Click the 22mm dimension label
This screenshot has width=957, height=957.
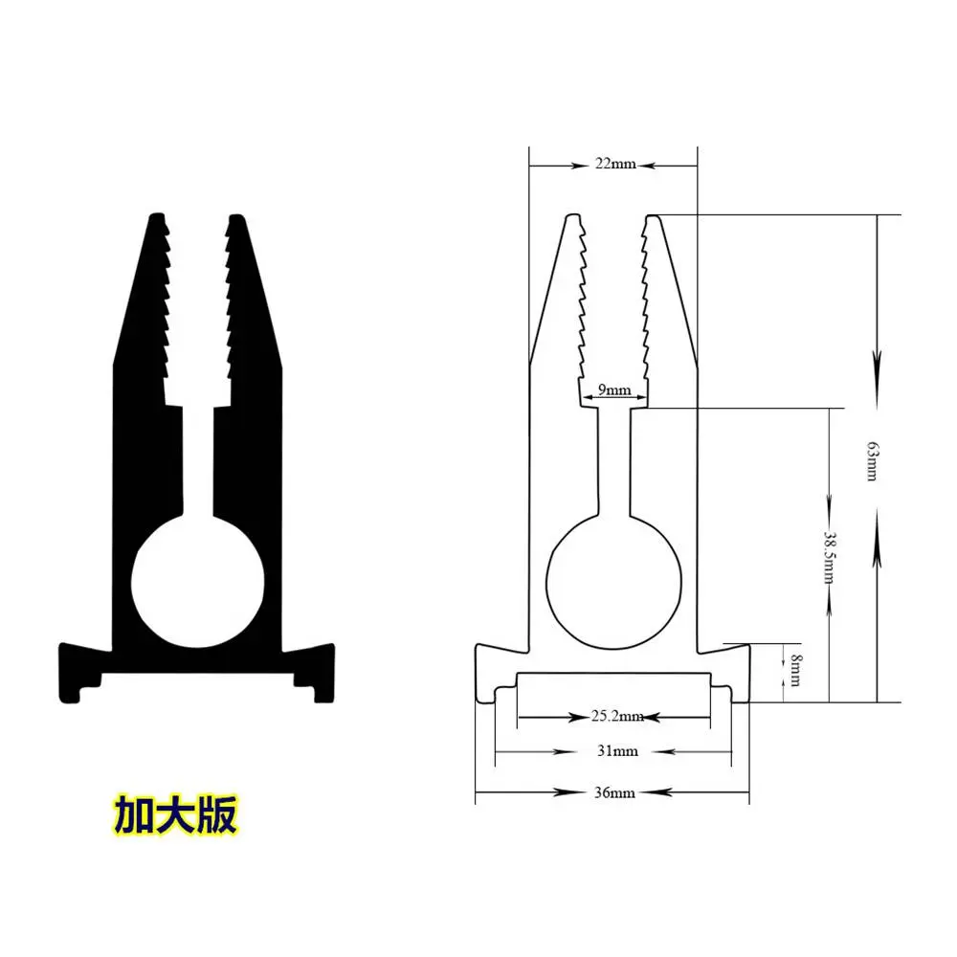click(615, 165)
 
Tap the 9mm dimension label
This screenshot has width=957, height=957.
click(614, 390)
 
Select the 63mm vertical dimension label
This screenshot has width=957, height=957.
click(872, 461)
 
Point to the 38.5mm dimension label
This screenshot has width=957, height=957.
click(830, 557)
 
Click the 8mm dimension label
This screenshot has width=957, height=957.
click(796, 670)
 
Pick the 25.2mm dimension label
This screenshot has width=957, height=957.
click(617, 716)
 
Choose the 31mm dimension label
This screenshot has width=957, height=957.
click(617, 751)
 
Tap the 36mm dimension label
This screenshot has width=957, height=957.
click(614, 792)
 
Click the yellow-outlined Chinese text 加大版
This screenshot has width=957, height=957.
click(175, 815)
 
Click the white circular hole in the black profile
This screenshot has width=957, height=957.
click(198, 582)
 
